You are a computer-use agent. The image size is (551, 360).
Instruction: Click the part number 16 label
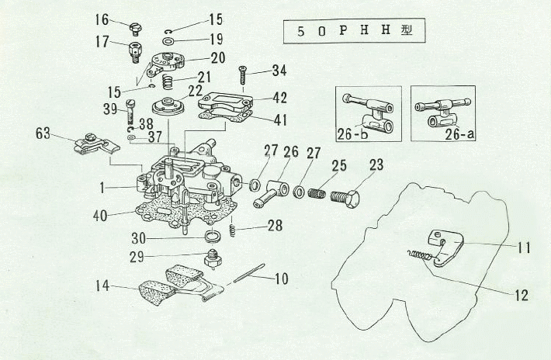[102, 18]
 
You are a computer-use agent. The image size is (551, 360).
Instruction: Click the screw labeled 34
[242, 76]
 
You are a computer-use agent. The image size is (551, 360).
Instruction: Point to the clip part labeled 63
[94, 144]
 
